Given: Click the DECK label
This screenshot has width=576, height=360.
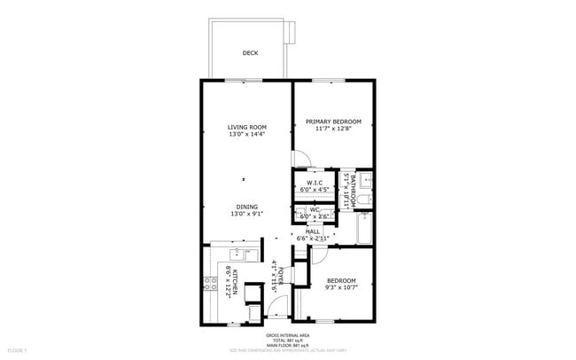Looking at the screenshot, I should [250, 53].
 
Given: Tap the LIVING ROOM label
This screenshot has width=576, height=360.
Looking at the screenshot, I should [247, 127].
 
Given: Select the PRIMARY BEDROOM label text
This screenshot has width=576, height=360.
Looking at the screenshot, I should [333, 121].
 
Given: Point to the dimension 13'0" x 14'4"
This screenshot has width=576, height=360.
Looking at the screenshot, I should [247, 135].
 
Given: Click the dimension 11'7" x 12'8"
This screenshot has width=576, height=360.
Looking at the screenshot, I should [333, 129].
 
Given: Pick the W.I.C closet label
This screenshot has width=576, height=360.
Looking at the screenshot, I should [314, 183].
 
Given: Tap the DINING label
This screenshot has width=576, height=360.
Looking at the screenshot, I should [247, 207].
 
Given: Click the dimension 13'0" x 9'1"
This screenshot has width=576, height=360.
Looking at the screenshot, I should [247, 214].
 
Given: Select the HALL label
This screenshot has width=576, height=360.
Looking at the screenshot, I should [313, 231].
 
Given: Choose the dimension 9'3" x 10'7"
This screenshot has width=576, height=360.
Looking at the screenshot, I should [340, 287].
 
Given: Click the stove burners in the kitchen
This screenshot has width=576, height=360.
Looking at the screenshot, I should [212, 284].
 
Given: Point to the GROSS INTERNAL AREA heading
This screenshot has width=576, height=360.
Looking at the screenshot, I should [287, 335].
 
